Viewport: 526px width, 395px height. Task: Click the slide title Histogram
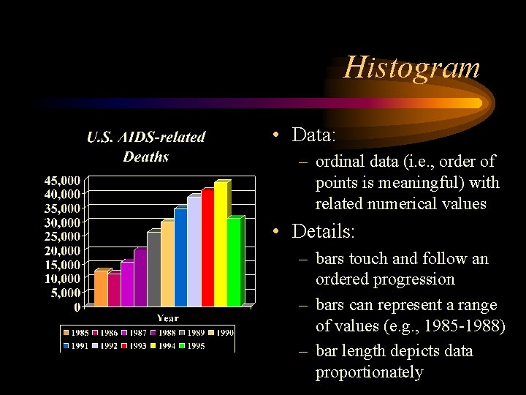click(x=412, y=67)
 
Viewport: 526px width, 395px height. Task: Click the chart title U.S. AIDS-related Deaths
click(x=146, y=146)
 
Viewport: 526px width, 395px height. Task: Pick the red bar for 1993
click(x=207, y=248)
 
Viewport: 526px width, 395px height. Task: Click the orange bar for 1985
click(x=101, y=288)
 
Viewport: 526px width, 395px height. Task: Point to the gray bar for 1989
click(x=153, y=268)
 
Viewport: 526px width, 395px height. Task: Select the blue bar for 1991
click(x=180, y=257)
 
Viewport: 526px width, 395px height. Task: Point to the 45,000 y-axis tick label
click(x=62, y=180)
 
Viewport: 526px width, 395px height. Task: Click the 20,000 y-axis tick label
click(x=62, y=250)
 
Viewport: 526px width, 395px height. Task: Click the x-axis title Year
click(x=167, y=317)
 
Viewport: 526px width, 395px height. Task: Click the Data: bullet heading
click(x=313, y=135)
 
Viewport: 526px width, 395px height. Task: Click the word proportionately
click(x=369, y=372)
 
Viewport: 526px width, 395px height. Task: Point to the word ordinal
click(x=340, y=162)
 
